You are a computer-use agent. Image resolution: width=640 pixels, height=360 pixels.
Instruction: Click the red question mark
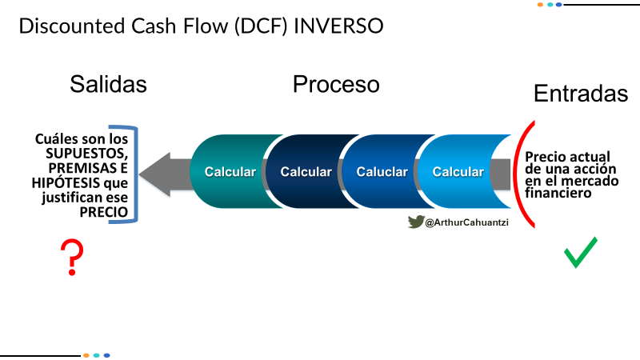pyautogui.click(x=72, y=257)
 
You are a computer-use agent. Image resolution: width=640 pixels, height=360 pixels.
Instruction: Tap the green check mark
pyautogui.click(x=581, y=252)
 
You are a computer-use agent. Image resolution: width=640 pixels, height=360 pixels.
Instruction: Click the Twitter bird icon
pyautogui.click(x=416, y=222)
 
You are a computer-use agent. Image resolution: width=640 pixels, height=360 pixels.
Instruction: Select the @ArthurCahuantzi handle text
pyautogui.click(x=467, y=222)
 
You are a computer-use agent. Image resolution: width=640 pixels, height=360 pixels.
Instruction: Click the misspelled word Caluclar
pyautogui.click(x=382, y=172)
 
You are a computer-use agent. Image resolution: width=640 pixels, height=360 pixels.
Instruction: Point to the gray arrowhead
pyautogui.click(x=154, y=174)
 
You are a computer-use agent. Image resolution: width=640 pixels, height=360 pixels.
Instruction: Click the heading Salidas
pyautogui.click(x=108, y=84)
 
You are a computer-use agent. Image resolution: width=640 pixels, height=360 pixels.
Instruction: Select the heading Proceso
pyautogui.click(x=336, y=84)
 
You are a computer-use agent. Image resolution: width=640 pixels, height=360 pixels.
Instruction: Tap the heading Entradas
pyautogui.click(x=581, y=94)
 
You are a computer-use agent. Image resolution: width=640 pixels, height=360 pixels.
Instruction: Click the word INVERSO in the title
pyautogui.click(x=338, y=26)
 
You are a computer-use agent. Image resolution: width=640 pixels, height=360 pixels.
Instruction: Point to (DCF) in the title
pyautogui.click(x=261, y=26)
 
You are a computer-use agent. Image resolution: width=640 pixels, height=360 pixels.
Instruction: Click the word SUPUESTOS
pyautogui.click(x=87, y=154)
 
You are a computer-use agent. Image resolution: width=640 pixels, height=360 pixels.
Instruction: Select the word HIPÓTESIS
pyautogui.click(x=66, y=182)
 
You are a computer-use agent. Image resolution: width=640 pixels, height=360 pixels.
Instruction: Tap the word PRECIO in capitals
pyautogui.click(x=104, y=212)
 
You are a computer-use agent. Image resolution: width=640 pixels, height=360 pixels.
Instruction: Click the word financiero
pyautogui.click(x=558, y=193)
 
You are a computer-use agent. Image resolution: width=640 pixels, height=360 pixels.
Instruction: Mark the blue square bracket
pyautogui.click(x=136, y=174)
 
